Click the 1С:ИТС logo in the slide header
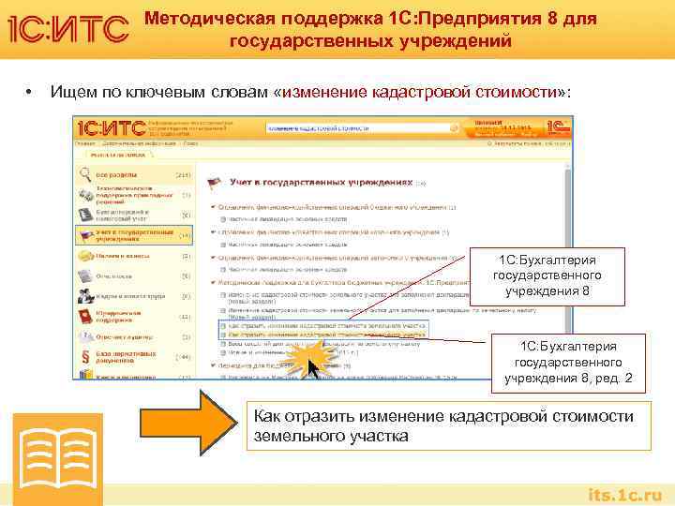68,29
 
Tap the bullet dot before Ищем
30,92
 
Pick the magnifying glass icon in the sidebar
85,174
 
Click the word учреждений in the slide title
454,41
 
